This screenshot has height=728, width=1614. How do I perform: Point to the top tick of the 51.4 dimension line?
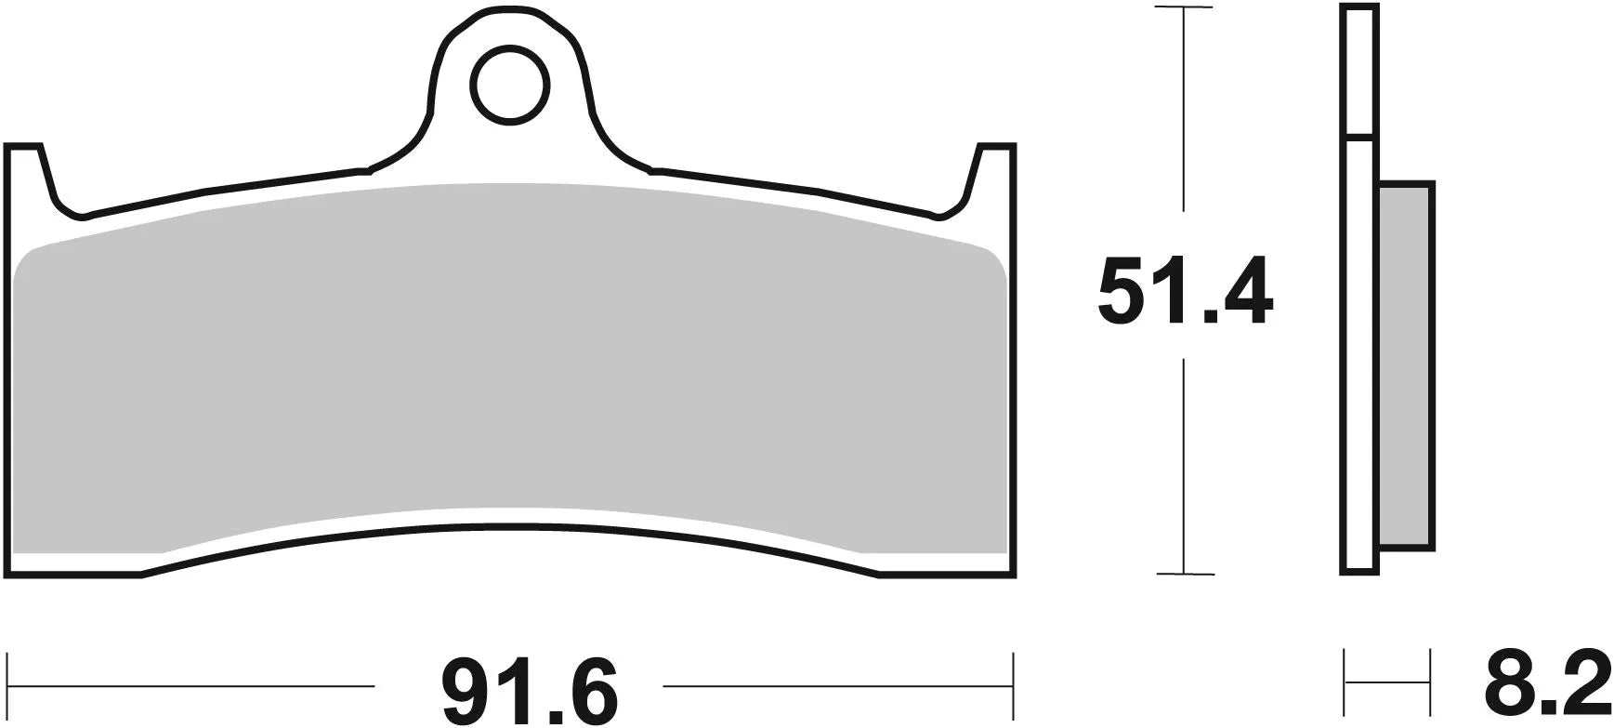click(1183, 8)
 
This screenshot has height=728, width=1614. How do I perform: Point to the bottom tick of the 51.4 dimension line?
click(1183, 575)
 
